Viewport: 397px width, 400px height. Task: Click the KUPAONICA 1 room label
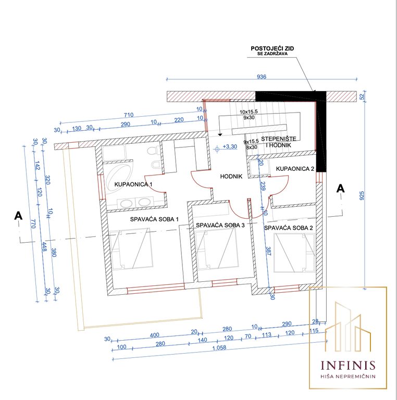coord(133,184)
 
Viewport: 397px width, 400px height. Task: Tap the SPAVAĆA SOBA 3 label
coord(220,225)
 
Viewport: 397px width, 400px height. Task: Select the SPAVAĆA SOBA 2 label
coord(288,228)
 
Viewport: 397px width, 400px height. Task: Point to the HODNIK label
coord(231,176)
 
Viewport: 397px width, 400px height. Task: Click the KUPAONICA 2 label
coord(295,169)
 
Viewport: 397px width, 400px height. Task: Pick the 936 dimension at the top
coord(262,77)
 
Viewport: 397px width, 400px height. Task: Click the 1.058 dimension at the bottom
coord(219,348)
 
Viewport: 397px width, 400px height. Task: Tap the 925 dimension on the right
coord(362,196)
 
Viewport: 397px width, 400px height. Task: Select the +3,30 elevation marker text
coord(230,147)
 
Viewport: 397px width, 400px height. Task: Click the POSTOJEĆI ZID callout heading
coord(272,48)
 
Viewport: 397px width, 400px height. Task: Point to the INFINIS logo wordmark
coord(348,365)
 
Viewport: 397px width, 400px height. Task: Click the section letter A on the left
coord(18,216)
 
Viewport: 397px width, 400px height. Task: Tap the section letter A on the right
coord(341,189)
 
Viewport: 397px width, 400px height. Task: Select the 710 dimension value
coord(129,115)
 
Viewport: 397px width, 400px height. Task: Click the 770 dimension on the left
coord(33,224)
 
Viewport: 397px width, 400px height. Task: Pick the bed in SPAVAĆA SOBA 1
coord(131,249)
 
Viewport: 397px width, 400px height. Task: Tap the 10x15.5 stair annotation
coord(249,112)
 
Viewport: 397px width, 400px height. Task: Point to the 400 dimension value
coord(154,335)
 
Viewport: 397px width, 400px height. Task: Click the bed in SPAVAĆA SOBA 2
coord(294,253)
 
